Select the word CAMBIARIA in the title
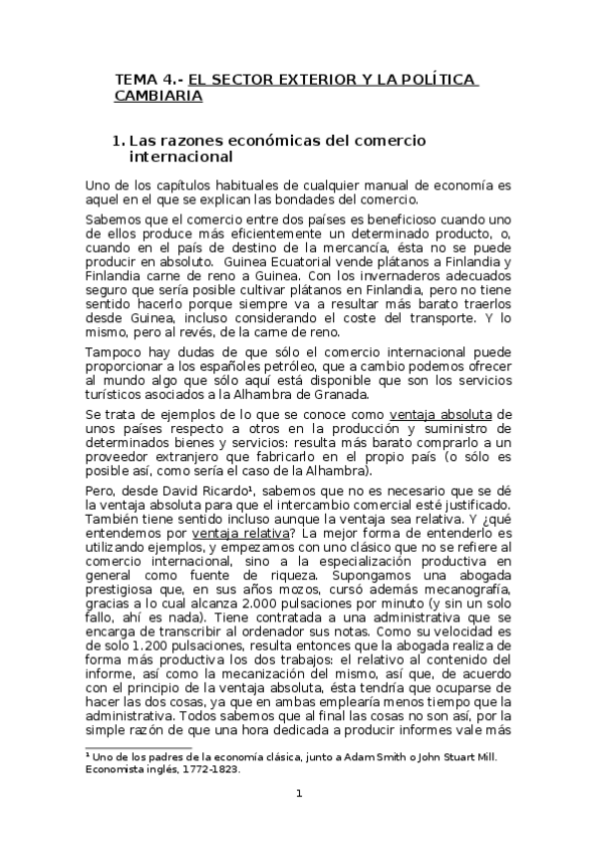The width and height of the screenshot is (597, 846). pyautogui.click(x=158, y=96)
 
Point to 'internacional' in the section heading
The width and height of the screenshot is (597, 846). pyautogui.click(x=181, y=158)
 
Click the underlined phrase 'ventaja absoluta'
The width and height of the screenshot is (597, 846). pyautogui.click(x=452, y=415)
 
